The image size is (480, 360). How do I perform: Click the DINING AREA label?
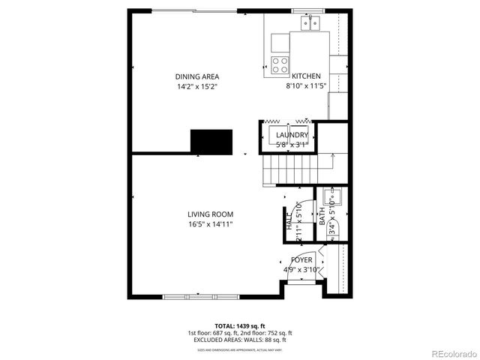point(197,76)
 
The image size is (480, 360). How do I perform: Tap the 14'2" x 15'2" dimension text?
point(197,86)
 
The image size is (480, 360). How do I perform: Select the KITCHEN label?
point(307,76)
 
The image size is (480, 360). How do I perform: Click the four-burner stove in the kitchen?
point(280,64)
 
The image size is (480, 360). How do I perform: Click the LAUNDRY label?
point(292,135)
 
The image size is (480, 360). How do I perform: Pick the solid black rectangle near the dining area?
point(211,141)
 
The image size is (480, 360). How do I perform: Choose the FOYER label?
point(301,260)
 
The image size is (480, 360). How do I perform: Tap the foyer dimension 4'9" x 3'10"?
point(301,270)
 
